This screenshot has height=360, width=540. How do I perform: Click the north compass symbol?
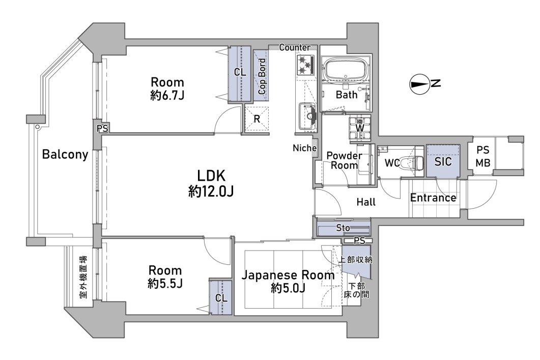(x=420, y=85)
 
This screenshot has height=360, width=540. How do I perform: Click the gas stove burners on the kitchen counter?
(x=304, y=65)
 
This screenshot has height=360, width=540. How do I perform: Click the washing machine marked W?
(x=360, y=127)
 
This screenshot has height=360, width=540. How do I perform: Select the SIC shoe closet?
(x=443, y=161)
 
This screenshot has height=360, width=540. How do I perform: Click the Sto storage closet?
(x=343, y=228)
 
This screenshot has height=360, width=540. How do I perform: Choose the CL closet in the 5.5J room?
(x=220, y=298)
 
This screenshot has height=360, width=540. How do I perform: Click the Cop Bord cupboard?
(x=262, y=75)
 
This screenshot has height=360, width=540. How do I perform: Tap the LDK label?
(x=211, y=177)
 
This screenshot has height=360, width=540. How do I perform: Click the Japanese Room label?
(x=288, y=275)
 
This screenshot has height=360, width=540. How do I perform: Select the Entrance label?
(x=433, y=198)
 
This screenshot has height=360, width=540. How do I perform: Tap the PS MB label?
(x=483, y=156)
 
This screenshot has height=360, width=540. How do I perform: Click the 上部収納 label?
(x=356, y=260)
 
